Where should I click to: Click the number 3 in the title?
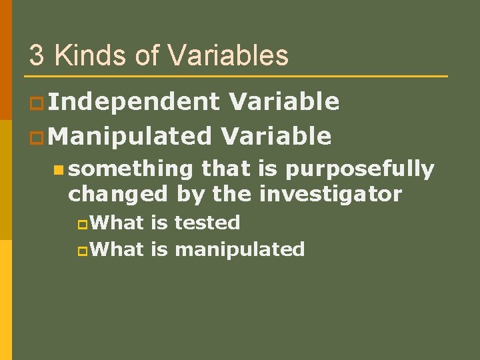coord(37,55)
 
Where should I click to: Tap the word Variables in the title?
coord(229,55)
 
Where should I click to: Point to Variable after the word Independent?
coord(284,102)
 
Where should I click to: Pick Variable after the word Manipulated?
coord(275,136)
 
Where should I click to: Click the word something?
coord(131,171)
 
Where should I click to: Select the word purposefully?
coord(359,171)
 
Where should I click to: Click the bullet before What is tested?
coord(82,223)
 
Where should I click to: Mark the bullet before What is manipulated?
coord(82,251)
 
